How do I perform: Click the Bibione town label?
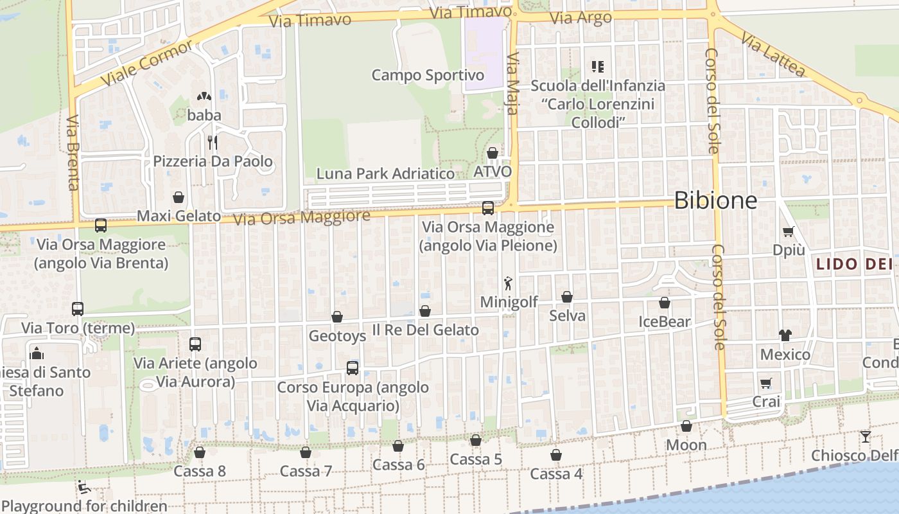coord(715,201)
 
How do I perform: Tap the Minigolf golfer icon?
coord(509,283)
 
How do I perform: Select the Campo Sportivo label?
coord(428,75)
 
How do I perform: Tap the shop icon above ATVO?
coord(493,153)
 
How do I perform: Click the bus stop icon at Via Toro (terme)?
coord(78,309)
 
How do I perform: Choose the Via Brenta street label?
coord(72,153)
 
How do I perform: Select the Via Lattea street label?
coord(772,55)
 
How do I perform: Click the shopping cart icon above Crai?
coord(765,384)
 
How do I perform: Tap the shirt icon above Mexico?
coord(785,335)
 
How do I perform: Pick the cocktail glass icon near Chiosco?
coord(866,437)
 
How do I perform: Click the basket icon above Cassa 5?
coord(476,440)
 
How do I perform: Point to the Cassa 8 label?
coord(200,471)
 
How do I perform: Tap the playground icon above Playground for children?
coord(83,486)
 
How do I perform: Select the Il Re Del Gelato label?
coord(426,330)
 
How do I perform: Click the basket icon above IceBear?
coord(665,303)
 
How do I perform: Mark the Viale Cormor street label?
coord(146,64)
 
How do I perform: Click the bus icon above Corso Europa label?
coord(353,368)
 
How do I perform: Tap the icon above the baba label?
coord(204,97)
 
